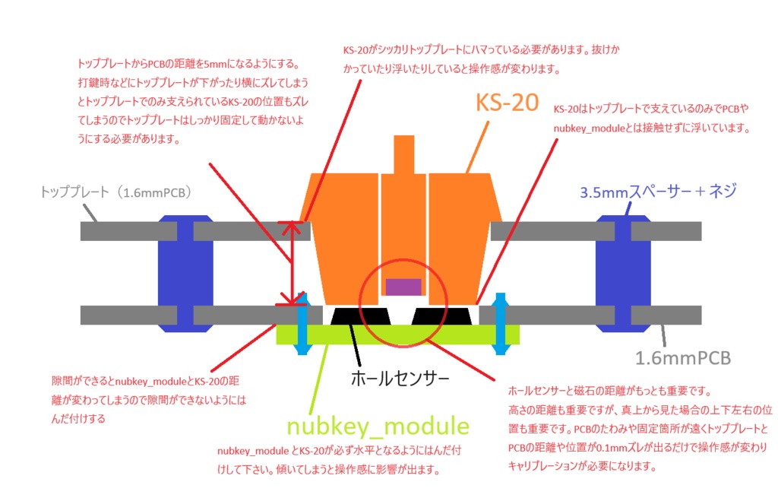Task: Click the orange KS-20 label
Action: click(x=508, y=103)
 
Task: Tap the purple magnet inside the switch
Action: click(x=403, y=287)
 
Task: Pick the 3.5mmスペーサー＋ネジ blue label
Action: click(x=658, y=192)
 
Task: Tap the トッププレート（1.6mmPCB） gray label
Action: click(x=115, y=192)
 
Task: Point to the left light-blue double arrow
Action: click(x=302, y=323)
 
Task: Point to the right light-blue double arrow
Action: click(x=501, y=323)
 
